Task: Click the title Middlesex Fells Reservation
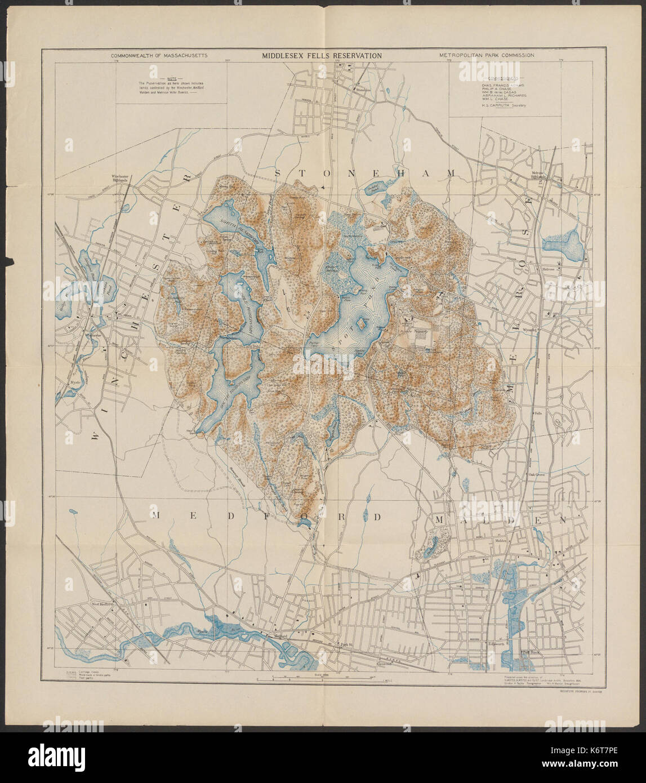click(321, 56)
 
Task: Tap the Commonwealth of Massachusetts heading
click(159, 56)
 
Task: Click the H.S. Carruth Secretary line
click(502, 105)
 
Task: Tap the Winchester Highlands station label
click(121, 179)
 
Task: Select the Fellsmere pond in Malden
click(430, 545)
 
